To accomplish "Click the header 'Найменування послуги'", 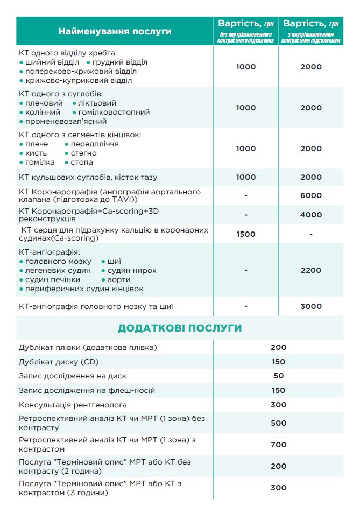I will [x=115, y=31].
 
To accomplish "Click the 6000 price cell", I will [x=310, y=195].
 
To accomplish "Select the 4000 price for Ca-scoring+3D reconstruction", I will [x=310, y=215].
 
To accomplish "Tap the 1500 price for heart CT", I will [x=245, y=234].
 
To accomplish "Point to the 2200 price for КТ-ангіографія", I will [x=310, y=270].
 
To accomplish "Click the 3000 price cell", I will [x=310, y=306].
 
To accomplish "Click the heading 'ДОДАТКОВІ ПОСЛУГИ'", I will [x=180, y=328].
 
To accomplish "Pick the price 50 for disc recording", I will [x=278, y=376].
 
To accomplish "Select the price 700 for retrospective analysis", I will [x=278, y=445].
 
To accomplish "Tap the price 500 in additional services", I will [x=278, y=423].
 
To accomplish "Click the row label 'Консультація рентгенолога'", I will [x=73, y=405].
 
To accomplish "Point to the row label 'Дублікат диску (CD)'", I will [x=59, y=362].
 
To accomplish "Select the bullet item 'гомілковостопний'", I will [x=114, y=113].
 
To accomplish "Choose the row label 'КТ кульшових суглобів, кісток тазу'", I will [x=88, y=177].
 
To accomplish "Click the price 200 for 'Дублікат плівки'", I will [x=278, y=347].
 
